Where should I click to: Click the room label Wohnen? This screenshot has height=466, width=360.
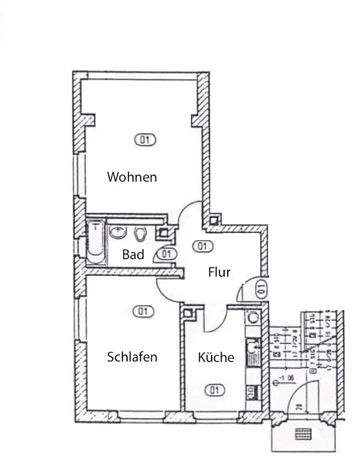pyautogui.click(x=132, y=177)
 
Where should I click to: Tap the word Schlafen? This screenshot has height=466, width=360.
pyautogui.click(x=132, y=357)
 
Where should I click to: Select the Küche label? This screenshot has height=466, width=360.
pyautogui.click(x=216, y=357)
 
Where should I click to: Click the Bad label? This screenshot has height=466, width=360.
pyautogui.click(x=133, y=254)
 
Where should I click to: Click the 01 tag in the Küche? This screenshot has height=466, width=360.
pyautogui.click(x=214, y=390)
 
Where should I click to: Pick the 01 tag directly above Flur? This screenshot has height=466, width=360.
pyautogui.click(x=203, y=246)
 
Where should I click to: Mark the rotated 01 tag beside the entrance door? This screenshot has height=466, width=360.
pyautogui.click(x=261, y=288)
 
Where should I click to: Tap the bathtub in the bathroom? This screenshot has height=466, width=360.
pyautogui.click(x=96, y=241)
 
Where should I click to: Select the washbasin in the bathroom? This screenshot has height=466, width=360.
pyautogui.click(x=119, y=232)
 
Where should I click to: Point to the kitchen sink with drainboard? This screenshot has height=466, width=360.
pyautogui.click(x=254, y=352)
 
